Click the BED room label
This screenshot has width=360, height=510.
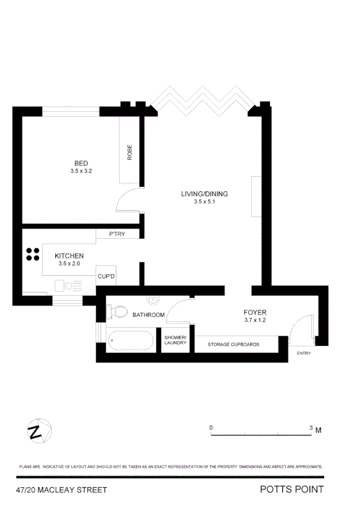pos(81,164)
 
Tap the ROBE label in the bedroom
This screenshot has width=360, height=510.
pos(130,153)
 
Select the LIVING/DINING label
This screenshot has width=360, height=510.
pos(204,194)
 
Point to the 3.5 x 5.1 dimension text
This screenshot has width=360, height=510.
pos(204,202)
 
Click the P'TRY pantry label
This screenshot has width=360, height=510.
pos(117,234)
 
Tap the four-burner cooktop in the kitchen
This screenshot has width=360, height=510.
pos(32,254)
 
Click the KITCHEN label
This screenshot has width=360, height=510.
pos(69,256)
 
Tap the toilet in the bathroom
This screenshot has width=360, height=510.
pos(118,311)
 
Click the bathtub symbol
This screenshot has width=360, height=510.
pos(130,341)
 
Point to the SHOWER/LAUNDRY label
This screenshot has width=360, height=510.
pos(175,340)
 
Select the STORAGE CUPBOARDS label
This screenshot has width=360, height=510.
pos(233,345)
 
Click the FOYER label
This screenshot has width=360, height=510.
pos(254,313)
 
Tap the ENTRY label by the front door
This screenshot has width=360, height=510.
pos(304,353)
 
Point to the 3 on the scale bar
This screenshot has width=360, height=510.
pos(311,428)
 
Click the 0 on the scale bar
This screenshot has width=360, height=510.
pos(211,428)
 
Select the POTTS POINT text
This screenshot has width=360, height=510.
pos(291,490)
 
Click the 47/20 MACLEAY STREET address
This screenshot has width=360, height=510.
pos(61,490)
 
